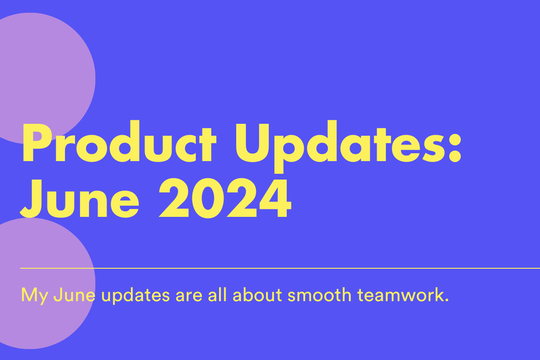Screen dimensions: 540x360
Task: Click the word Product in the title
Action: tap(119, 142)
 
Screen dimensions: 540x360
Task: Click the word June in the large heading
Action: tap(80, 198)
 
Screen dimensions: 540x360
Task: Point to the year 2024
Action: tap(225, 198)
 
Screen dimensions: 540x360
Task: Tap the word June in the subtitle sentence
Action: tap(74, 295)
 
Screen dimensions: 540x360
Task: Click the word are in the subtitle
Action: tap(189, 296)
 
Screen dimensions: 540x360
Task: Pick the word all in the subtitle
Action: tap(217, 294)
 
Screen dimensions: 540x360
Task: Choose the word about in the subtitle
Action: tap(257, 295)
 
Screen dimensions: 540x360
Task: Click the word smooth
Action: tap(319, 295)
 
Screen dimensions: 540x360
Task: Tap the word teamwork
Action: tap(401, 295)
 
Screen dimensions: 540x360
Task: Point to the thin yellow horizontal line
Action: tap(280, 268)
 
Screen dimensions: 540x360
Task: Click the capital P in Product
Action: tap(36, 142)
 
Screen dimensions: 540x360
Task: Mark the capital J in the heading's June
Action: tap(31, 199)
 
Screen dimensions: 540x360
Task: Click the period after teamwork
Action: tap(447, 300)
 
